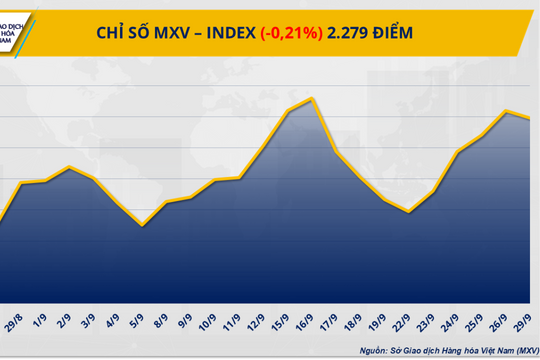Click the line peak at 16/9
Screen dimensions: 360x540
tap(313, 98)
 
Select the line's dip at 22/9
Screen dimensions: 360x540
tap(409, 212)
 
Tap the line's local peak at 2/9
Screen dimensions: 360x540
tap(68, 167)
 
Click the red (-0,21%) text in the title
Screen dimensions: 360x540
tap(291, 32)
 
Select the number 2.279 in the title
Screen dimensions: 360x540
tap(348, 32)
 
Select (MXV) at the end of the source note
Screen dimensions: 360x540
tap(520, 349)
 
